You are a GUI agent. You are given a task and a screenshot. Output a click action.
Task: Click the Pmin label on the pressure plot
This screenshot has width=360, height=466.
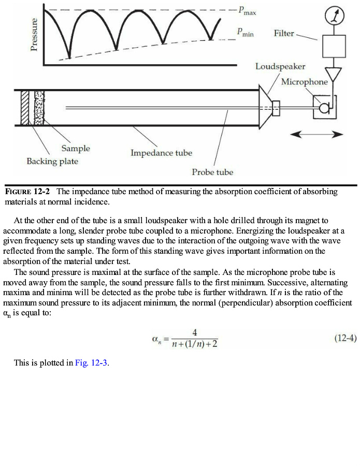pos(245,33)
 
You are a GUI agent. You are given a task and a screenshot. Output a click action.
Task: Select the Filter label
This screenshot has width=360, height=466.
pos(284,33)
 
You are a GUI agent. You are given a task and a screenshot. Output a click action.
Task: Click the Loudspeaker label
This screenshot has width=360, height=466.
pos(280,66)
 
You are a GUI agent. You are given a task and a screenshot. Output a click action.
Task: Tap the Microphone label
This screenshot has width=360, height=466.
pos(305,82)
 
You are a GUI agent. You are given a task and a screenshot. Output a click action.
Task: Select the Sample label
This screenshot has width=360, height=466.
pos(76,149)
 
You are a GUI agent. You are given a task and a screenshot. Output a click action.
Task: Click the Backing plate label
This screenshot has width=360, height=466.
pos(52,161)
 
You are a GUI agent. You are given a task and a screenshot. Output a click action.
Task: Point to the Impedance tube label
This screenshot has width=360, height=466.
pos(161,153)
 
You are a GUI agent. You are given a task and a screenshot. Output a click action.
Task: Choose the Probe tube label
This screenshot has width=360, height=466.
pos(212,172)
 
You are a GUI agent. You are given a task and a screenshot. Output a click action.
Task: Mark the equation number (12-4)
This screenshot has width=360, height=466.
pos(344,338)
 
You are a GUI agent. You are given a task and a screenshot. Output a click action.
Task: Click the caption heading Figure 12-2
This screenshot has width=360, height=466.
pos(27,192)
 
